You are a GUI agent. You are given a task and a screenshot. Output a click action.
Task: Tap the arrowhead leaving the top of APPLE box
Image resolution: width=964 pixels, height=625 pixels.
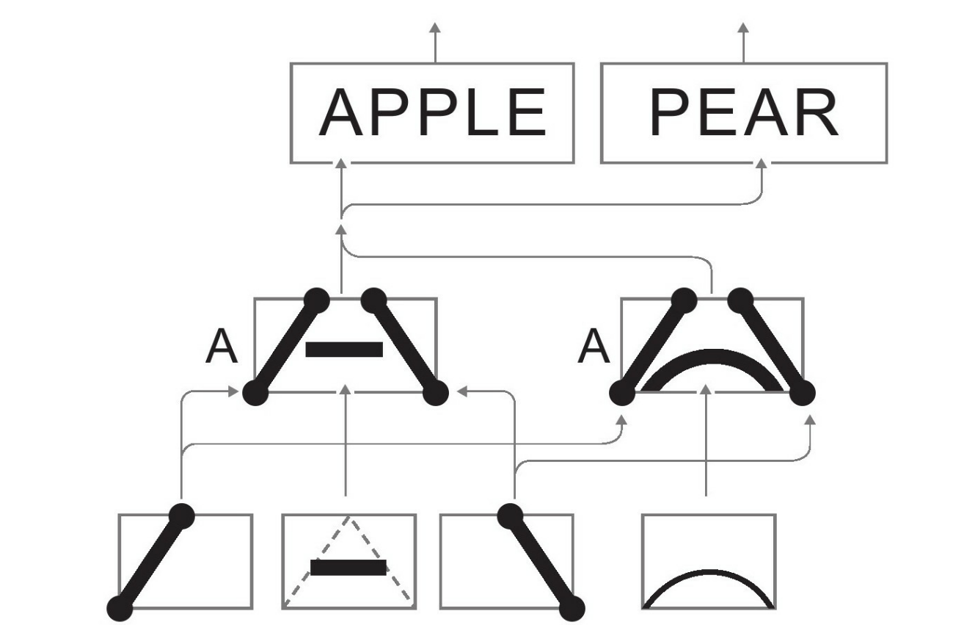(x=435, y=26)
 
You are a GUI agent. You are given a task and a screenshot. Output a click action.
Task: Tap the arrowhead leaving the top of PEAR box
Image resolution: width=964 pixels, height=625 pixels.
(x=744, y=26)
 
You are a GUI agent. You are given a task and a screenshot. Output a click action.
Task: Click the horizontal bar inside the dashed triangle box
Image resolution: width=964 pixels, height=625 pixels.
(x=348, y=567)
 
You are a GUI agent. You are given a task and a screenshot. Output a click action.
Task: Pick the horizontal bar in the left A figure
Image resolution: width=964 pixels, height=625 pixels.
(x=344, y=349)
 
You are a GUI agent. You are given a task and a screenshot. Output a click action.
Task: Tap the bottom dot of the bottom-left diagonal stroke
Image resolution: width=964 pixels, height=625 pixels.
(x=120, y=608)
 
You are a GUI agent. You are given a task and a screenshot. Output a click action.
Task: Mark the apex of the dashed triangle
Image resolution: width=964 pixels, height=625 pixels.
(x=349, y=516)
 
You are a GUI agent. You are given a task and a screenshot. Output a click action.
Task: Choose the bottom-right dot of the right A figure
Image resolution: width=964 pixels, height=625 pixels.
(x=803, y=393)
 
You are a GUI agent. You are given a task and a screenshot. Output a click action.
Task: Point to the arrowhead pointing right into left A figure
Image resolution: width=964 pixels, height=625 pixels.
(x=234, y=392)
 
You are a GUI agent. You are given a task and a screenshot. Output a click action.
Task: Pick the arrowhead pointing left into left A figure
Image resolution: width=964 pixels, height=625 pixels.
(x=461, y=392)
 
